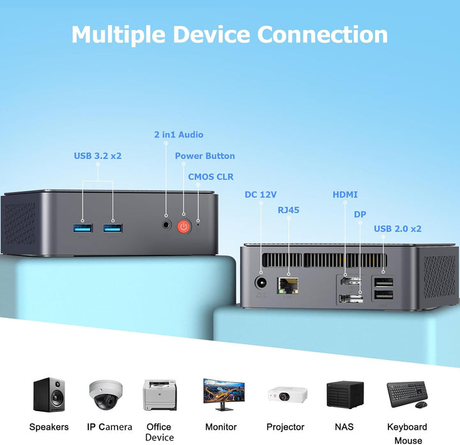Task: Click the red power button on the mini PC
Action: pyautogui.click(x=184, y=226)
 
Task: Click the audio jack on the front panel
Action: pyautogui.click(x=167, y=225)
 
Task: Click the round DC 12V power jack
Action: pyautogui.click(x=261, y=282)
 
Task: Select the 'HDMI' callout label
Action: pyautogui.click(x=345, y=195)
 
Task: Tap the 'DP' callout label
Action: pyautogui.click(x=360, y=215)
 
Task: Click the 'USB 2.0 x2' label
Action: pyautogui.click(x=397, y=229)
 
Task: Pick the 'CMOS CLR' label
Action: pyautogui.click(x=211, y=176)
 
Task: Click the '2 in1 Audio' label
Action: pyautogui.click(x=179, y=135)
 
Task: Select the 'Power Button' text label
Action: pyautogui.click(x=204, y=156)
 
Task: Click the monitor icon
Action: pyautogui.click(x=223, y=395)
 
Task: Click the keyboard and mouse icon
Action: pyautogui.click(x=407, y=395)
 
